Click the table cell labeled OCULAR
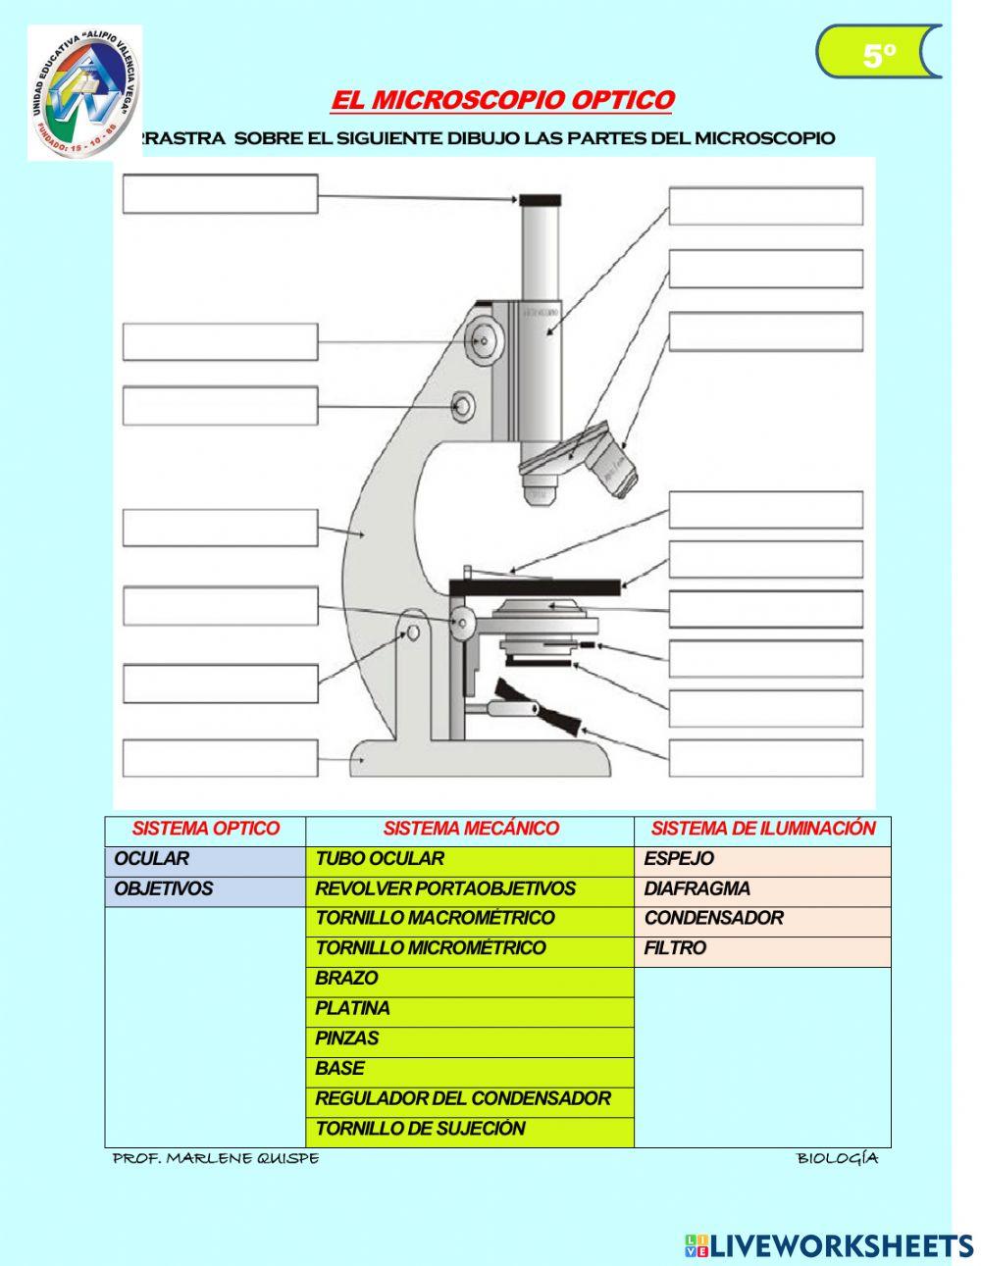205,859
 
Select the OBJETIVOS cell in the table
205,889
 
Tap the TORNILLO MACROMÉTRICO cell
469,919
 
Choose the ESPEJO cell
762,859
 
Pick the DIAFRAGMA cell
762,889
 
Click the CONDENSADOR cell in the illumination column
762,919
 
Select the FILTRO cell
762,949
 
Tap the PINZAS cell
469,1038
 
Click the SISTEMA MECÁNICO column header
470,829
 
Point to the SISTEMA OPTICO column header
205,829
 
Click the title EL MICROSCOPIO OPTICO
502,101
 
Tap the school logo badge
84,92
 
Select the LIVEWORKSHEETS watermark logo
828,1245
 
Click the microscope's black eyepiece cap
540,200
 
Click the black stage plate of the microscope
535,586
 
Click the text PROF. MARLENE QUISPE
216,1158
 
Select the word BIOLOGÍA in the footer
837,1158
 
